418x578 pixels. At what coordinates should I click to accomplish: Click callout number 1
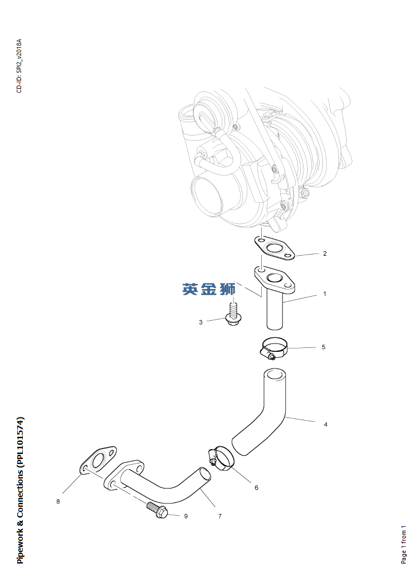tap(325, 294)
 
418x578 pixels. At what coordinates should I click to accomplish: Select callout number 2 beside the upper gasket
tap(325, 253)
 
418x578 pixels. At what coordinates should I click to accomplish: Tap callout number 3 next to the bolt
tap(201, 322)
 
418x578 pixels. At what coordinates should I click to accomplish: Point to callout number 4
tap(326, 425)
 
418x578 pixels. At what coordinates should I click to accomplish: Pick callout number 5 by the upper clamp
tap(324, 347)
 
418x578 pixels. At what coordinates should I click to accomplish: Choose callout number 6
tap(257, 487)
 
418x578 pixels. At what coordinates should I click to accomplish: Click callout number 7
tap(220, 516)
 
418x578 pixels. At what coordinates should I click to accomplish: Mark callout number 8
tap(58, 501)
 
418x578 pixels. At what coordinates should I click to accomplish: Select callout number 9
tap(186, 516)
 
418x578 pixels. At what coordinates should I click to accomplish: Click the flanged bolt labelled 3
tap(231, 313)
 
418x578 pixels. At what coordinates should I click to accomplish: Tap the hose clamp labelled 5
tap(274, 349)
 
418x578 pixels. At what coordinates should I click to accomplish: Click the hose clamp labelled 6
tap(221, 457)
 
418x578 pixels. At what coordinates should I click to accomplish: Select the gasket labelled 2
tap(274, 247)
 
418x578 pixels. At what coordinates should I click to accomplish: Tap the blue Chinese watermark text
tap(208, 290)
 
